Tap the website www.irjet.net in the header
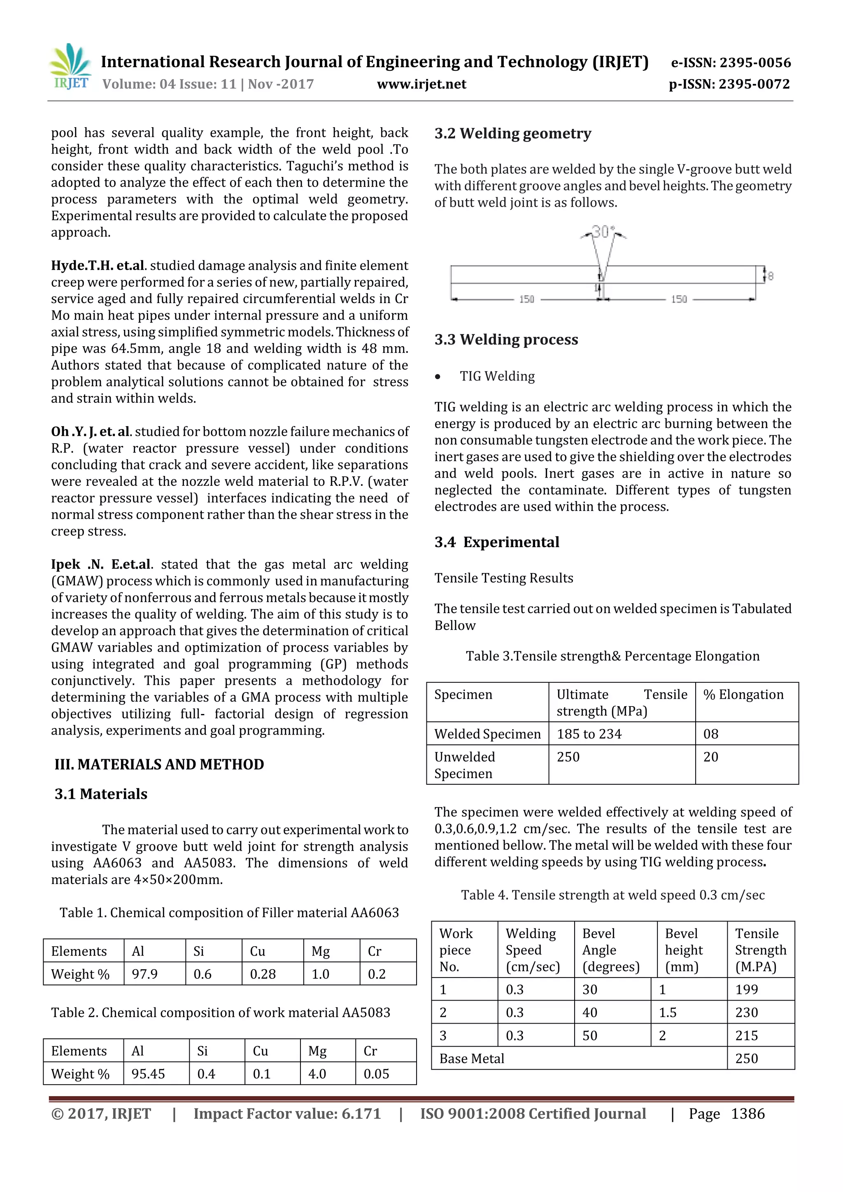pos(421,84)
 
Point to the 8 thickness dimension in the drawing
pos(770,276)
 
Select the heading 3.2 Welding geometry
pos(513,133)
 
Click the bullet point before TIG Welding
pos(439,377)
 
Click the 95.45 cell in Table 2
pos(148,1074)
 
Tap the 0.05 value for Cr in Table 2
pos(377,1074)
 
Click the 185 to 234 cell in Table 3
pos(589,734)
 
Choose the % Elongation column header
pos(743,695)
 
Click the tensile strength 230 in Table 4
pos(746,1012)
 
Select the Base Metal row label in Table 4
pos(472,1059)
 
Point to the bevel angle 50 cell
pos(590,1036)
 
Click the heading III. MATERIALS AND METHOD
pos(159,764)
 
